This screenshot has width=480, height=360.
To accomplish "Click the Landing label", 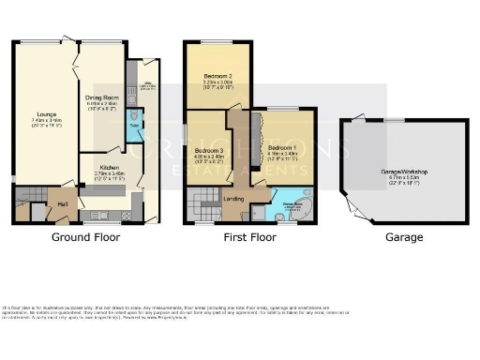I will tap(234, 198).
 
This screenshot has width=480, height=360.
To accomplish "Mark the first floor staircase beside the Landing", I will tap(202, 202).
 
